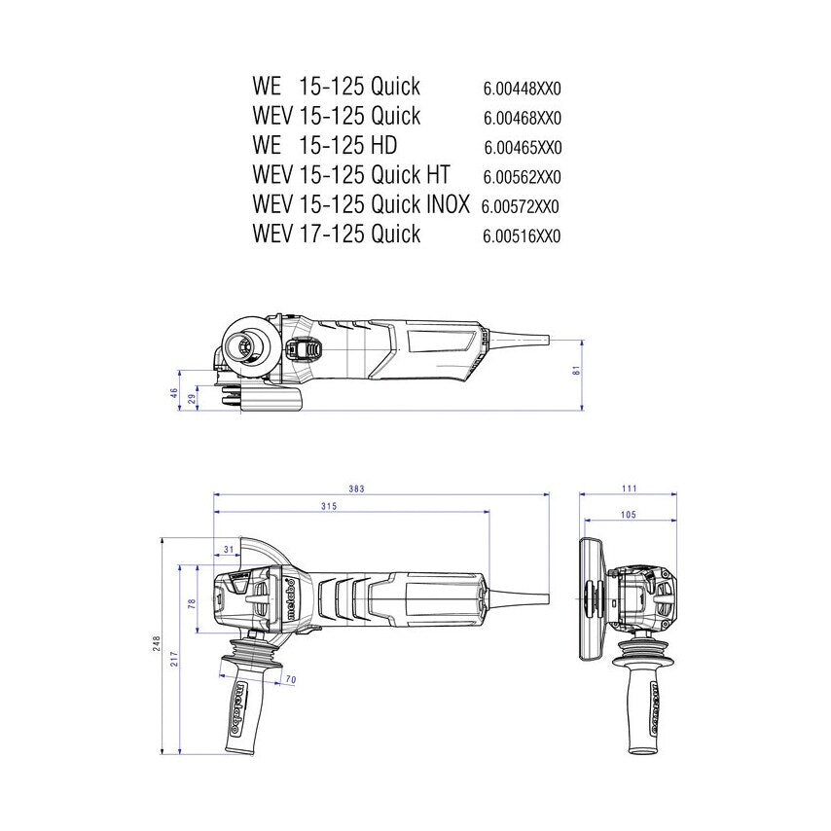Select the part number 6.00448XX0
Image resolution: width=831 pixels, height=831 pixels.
523,89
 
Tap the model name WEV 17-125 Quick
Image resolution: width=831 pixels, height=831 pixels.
336,234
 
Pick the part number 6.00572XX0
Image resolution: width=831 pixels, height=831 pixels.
521,206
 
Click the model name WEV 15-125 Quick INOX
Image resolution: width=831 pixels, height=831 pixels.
361,204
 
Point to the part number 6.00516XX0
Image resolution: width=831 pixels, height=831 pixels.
523,235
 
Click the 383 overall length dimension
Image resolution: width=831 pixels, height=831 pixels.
356,488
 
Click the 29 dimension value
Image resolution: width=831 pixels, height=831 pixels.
192,398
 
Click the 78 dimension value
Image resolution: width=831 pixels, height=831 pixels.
193,603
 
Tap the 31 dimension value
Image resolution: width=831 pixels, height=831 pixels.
229,551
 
